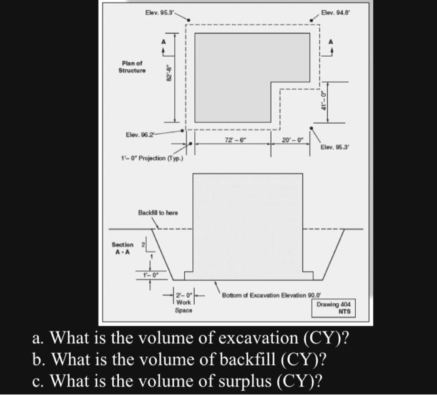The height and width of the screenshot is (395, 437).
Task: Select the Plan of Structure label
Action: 132,67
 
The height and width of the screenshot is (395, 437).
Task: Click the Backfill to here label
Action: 157,213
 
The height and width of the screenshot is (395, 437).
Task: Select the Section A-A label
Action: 122,248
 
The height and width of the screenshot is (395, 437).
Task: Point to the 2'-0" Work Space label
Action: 184,302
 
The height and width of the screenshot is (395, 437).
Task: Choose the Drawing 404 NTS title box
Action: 334,307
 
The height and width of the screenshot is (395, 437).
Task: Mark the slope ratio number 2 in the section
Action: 144,245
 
